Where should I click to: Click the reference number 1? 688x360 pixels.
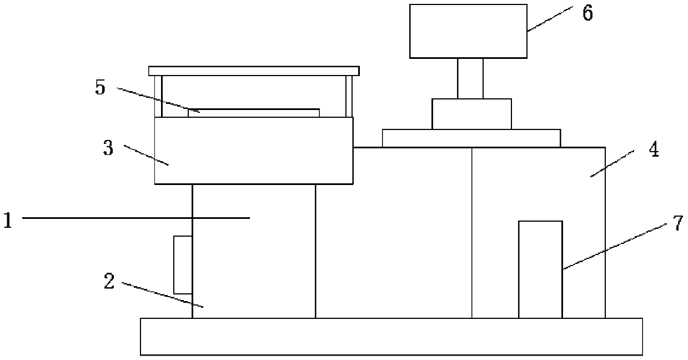click(7, 221)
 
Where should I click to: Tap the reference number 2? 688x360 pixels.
click(109, 281)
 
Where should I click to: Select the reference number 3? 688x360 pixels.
click(108, 148)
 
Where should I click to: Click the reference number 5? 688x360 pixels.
click(101, 88)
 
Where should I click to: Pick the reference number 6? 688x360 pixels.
click(587, 13)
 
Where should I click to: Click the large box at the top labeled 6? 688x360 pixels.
click(468, 31)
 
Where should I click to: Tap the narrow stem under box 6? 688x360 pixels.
click(470, 78)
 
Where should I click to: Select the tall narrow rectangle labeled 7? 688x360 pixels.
click(540, 269)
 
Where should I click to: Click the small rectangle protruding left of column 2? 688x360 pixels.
click(183, 264)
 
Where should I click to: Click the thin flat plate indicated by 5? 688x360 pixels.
click(254, 113)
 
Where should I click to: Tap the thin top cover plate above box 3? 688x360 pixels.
click(254, 71)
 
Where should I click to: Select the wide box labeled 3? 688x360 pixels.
click(254, 151)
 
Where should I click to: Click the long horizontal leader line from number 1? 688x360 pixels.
click(135, 218)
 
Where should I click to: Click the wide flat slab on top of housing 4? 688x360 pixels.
click(471, 138)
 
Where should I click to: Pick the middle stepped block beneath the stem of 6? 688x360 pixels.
click(471, 114)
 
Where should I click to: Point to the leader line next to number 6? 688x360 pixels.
click(550, 20)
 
